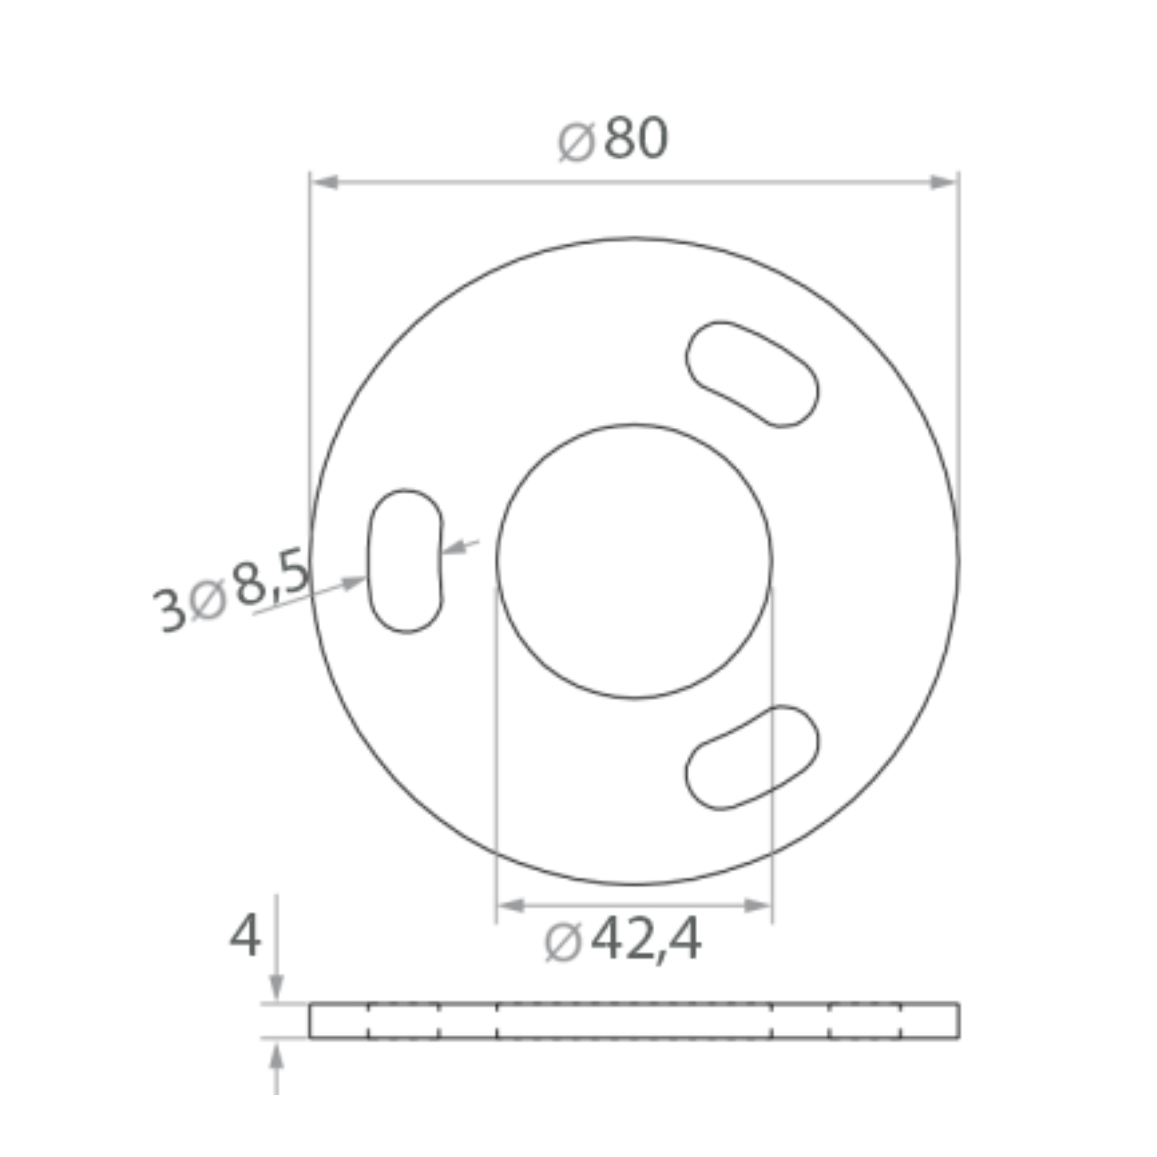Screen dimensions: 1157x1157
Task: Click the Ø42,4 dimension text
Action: [x=623, y=941]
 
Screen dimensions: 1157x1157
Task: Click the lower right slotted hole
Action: [x=752, y=758]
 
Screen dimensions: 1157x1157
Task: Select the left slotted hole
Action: [x=405, y=561]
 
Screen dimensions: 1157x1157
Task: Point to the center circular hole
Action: [x=634, y=561]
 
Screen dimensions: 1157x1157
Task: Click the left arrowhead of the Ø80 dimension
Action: [x=326, y=182]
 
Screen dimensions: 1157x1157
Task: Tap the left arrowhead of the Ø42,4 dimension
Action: [x=511, y=906]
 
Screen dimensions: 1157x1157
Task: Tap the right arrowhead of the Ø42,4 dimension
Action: [x=757, y=906]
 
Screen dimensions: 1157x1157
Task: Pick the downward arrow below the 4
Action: [x=276, y=987]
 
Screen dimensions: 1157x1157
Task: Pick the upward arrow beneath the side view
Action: [x=276, y=1056]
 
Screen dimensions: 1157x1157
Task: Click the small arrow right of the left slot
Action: [x=455, y=547]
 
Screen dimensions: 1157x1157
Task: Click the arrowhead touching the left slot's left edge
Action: [x=353, y=582]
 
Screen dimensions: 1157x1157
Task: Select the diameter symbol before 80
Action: [x=577, y=141]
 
